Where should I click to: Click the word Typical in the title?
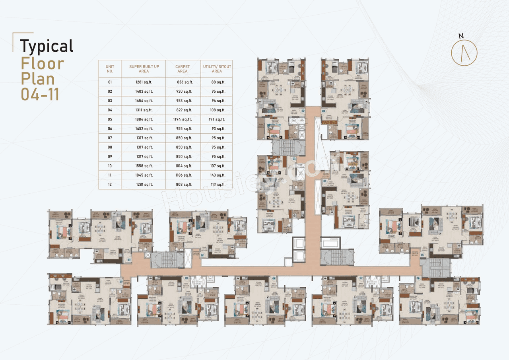tap(47, 46)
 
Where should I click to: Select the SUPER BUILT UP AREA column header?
tap(144, 69)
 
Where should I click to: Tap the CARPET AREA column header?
tap(183, 69)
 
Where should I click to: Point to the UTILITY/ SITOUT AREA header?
tap(217, 69)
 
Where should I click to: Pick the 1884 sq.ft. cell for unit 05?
tap(144, 119)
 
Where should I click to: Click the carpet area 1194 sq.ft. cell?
tap(183, 119)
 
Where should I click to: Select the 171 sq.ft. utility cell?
tap(218, 119)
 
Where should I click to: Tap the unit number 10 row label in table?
tap(110, 166)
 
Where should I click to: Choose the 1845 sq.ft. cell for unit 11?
tap(144, 175)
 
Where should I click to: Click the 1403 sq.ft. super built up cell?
tap(144, 91)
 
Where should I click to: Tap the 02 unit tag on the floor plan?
tap(303, 111)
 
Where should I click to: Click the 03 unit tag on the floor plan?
tap(324, 111)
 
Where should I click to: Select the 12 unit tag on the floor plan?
tap(202, 255)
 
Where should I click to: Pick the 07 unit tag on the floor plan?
tap(361, 278)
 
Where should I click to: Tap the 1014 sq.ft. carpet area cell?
tap(183, 166)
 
